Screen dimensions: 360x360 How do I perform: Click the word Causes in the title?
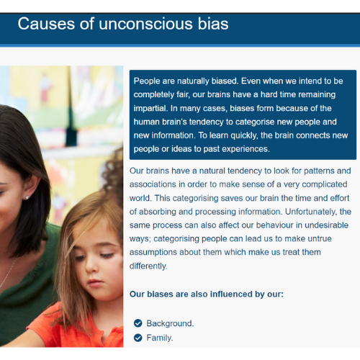click(46, 24)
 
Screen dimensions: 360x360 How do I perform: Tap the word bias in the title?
click(213, 24)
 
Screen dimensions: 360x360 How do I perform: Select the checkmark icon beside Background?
click(138, 323)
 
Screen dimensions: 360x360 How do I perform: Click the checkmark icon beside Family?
click(138, 338)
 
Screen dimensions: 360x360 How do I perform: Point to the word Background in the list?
click(170, 323)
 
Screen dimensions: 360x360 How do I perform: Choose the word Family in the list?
click(160, 338)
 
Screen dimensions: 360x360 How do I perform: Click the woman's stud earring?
click(27, 197)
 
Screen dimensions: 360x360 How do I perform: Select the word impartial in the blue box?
click(150, 109)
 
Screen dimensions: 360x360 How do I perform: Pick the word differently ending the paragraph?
click(148, 266)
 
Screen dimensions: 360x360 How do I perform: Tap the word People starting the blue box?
click(147, 81)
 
